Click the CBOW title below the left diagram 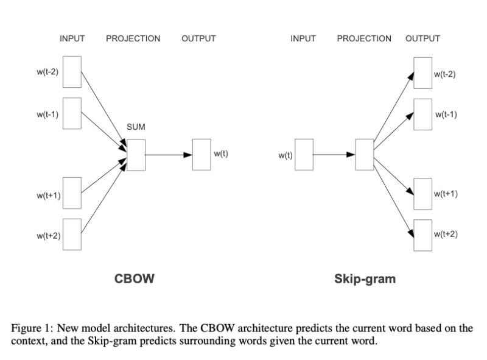pyautogui.click(x=135, y=279)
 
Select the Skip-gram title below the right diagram pyautogui.click(x=365, y=279)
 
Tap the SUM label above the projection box pyautogui.click(x=136, y=127)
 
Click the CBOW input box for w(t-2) pyautogui.click(x=72, y=72)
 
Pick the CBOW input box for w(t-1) pyautogui.click(x=72, y=113)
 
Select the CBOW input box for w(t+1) pyautogui.click(x=72, y=193)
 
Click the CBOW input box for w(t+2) pyautogui.click(x=72, y=235)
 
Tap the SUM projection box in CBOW pyautogui.click(x=136, y=155)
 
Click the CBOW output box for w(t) pyautogui.click(x=201, y=155)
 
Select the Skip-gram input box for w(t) pyautogui.click(x=304, y=155)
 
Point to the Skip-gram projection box pyautogui.click(x=364, y=155)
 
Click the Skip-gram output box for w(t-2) pyautogui.click(x=422, y=73)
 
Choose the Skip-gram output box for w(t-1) pyautogui.click(x=422, y=114)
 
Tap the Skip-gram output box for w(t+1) pyautogui.click(x=422, y=194)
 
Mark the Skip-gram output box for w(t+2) pyautogui.click(x=422, y=235)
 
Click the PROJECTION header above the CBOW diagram pyautogui.click(x=133, y=38)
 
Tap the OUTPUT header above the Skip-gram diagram pyautogui.click(x=422, y=38)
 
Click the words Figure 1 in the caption pyautogui.click(x=29, y=328)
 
